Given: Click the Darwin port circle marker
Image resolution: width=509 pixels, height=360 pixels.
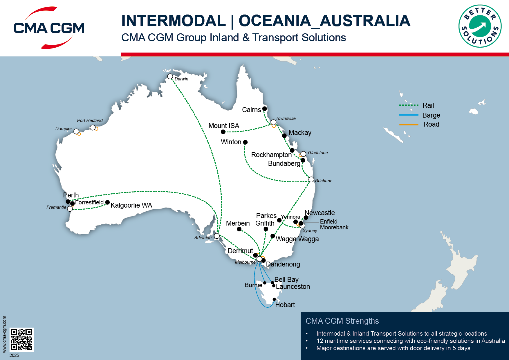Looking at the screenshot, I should click(x=170, y=76).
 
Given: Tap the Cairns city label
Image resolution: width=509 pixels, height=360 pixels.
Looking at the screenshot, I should click(x=251, y=110).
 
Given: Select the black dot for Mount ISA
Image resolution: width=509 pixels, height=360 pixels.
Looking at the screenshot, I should click(x=223, y=132).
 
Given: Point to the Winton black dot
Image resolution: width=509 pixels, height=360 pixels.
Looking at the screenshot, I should click(x=245, y=142).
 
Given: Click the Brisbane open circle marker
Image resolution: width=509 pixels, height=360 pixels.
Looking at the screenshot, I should click(x=311, y=179).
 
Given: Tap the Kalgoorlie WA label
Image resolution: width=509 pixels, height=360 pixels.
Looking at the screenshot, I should click(x=131, y=205).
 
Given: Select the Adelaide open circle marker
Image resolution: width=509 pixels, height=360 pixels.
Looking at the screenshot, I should click(x=217, y=236).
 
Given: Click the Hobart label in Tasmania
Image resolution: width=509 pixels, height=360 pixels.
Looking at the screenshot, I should click(x=285, y=305).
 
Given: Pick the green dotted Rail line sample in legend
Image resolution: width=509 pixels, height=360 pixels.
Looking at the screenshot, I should click(x=409, y=105).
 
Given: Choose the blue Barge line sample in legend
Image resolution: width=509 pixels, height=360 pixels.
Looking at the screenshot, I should click(x=409, y=115).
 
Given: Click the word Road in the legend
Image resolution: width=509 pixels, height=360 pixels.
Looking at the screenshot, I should click(x=431, y=124).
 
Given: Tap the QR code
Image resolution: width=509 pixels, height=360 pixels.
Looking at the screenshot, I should click(x=22, y=339).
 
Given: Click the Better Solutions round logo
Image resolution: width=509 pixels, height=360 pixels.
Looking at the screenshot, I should click(x=480, y=26).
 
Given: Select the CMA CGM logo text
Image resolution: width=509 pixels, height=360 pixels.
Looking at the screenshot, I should click(x=49, y=28).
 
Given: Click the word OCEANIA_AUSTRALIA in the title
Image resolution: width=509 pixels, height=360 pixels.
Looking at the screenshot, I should click(x=324, y=21).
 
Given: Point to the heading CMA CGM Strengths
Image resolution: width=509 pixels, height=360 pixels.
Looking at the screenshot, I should click(x=342, y=321).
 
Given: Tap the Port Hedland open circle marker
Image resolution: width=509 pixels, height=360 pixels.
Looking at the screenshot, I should click(x=93, y=127).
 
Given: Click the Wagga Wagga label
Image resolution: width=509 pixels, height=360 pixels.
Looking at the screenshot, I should click(x=297, y=239).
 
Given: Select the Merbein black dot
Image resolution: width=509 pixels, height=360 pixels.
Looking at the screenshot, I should click(x=239, y=229).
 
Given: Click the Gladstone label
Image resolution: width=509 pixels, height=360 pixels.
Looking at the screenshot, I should click(x=318, y=153).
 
